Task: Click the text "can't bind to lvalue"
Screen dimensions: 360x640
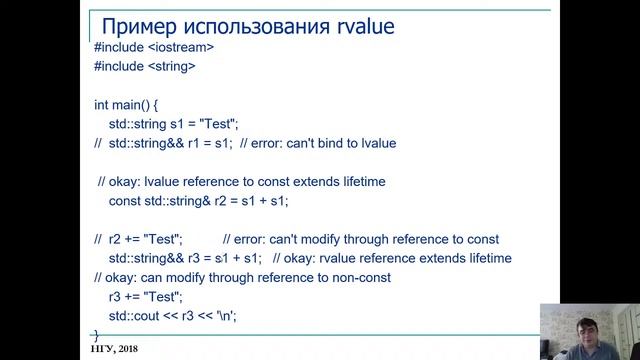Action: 339,143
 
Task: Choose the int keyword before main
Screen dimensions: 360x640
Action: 102,105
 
